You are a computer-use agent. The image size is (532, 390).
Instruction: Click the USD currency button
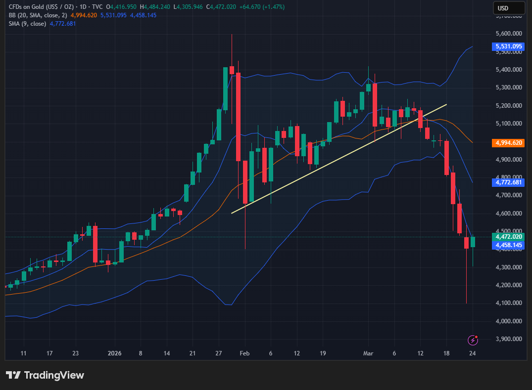click(508, 8)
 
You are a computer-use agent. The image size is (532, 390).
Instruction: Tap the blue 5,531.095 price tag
click(508, 46)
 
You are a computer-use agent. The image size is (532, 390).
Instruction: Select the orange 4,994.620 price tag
click(508, 142)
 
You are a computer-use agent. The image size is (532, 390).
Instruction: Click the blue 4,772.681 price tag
click(508, 182)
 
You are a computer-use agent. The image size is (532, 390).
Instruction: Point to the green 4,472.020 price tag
click(508, 237)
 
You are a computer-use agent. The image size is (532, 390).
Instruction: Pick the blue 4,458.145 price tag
click(508, 245)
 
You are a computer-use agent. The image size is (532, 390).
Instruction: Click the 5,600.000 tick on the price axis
click(509, 34)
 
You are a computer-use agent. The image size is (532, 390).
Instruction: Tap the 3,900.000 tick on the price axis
click(509, 339)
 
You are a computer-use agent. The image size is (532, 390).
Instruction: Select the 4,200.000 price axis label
click(509, 285)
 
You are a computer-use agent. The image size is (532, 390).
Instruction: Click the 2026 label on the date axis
click(115, 353)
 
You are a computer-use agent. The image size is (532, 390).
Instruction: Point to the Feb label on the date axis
click(244, 353)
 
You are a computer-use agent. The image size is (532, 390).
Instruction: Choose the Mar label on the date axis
click(368, 353)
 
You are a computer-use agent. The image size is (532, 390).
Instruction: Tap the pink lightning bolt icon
click(474, 340)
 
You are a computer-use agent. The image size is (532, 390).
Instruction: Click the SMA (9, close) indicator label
click(28, 24)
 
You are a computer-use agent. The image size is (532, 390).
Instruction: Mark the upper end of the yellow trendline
click(447, 104)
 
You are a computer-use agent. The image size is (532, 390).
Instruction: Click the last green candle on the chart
click(473, 242)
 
